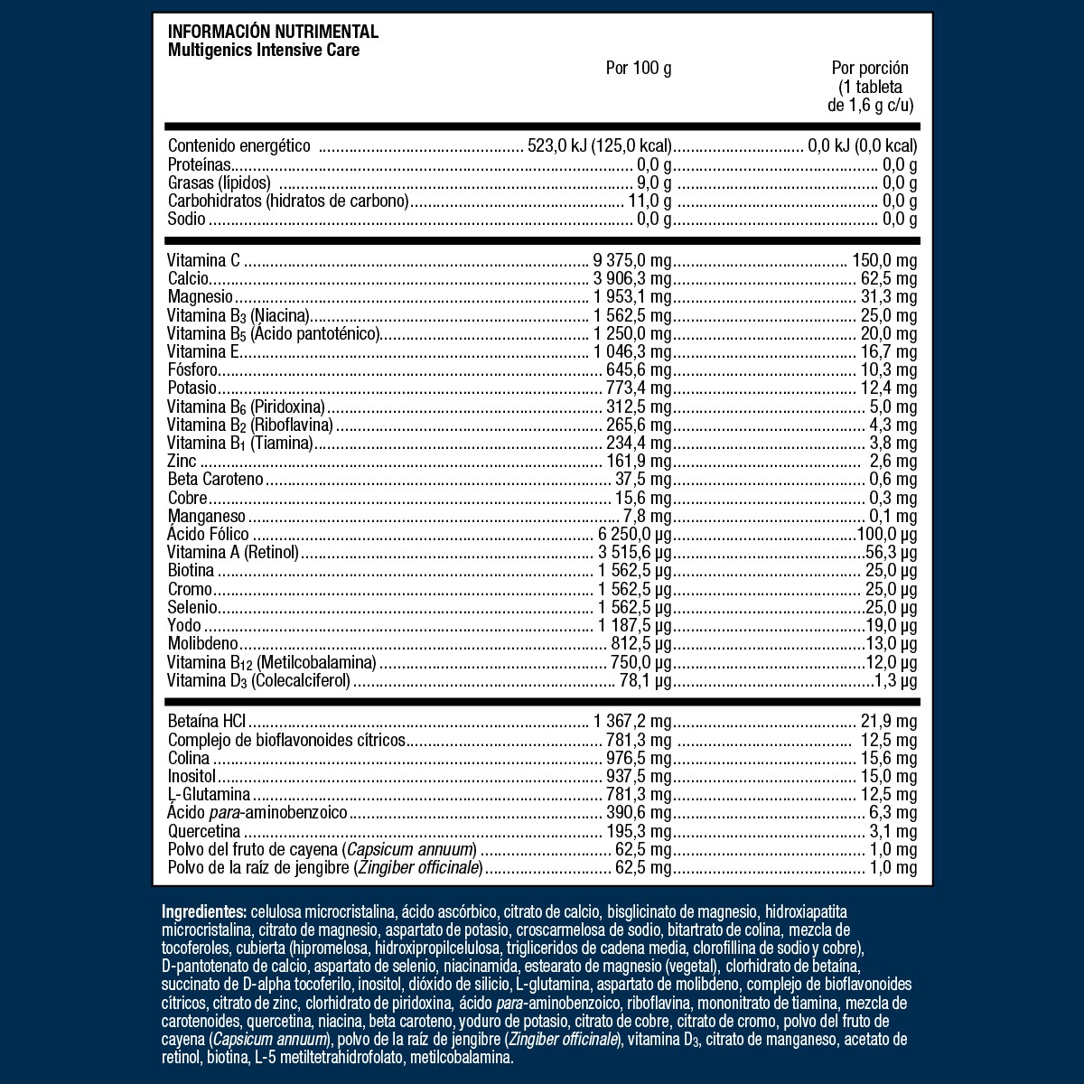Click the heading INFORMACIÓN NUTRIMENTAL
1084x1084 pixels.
coord(273,33)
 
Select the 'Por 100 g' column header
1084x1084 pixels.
coord(638,69)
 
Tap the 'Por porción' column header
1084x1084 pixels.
coord(870,69)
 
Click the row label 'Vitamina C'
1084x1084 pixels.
coord(204,261)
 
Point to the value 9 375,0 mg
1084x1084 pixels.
coord(632,261)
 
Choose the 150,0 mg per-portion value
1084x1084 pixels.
coord(884,261)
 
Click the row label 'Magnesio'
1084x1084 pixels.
coord(201,297)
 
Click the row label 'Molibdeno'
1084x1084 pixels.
coord(202,643)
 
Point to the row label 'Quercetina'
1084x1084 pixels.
coord(204,831)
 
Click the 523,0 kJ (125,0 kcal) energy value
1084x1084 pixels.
coord(600,146)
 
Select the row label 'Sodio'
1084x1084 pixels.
coord(187,220)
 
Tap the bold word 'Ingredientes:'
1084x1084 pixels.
coord(203,911)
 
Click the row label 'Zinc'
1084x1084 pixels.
coord(182,462)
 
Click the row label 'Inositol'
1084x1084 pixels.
coord(192,777)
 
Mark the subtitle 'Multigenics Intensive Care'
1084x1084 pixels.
coord(264,50)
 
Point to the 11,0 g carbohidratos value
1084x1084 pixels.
coord(649,201)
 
